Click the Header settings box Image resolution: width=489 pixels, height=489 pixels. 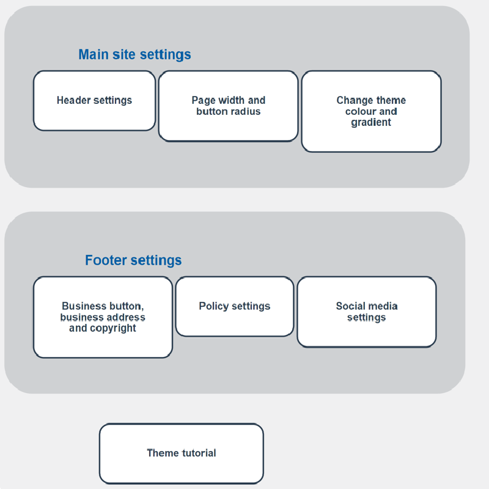pos(94,101)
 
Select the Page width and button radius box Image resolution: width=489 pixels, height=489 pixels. pos(228,106)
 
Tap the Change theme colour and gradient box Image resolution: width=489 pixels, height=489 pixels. pos(371,111)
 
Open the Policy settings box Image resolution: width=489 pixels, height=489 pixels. pos(235,306)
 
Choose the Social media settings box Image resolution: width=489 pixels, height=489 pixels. pos(366,312)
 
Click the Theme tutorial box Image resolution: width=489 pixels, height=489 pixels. pos(182,453)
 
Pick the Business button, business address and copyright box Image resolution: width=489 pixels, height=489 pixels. pos(103,317)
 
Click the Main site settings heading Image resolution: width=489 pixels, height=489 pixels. pos(134,54)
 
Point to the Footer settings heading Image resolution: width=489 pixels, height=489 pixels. pos(133,260)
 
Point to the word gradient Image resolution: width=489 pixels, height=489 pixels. pos(371,123)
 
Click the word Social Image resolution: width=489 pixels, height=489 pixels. pos(348,306)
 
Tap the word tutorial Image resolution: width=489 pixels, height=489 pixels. pos(199,453)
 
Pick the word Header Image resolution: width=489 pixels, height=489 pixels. pos(73,100)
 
